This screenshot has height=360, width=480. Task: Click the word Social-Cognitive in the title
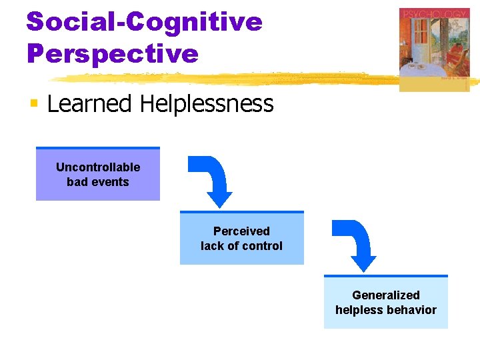(144, 22)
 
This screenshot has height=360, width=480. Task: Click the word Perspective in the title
(112, 53)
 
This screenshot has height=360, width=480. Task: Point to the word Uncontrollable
(98, 167)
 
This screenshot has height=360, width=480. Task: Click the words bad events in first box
(98, 182)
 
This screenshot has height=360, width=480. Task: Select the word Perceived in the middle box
(241, 231)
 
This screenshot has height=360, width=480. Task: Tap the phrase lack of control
(241, 246)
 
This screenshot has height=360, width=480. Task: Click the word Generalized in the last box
(386, 295)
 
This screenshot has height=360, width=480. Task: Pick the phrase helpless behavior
(386, 310)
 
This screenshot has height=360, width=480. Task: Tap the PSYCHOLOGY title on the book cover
(434, 14)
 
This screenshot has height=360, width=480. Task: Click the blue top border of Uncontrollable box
(98, 148)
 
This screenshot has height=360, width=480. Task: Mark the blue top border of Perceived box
(241, 212)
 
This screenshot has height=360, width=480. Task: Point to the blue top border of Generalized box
(386, 276)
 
